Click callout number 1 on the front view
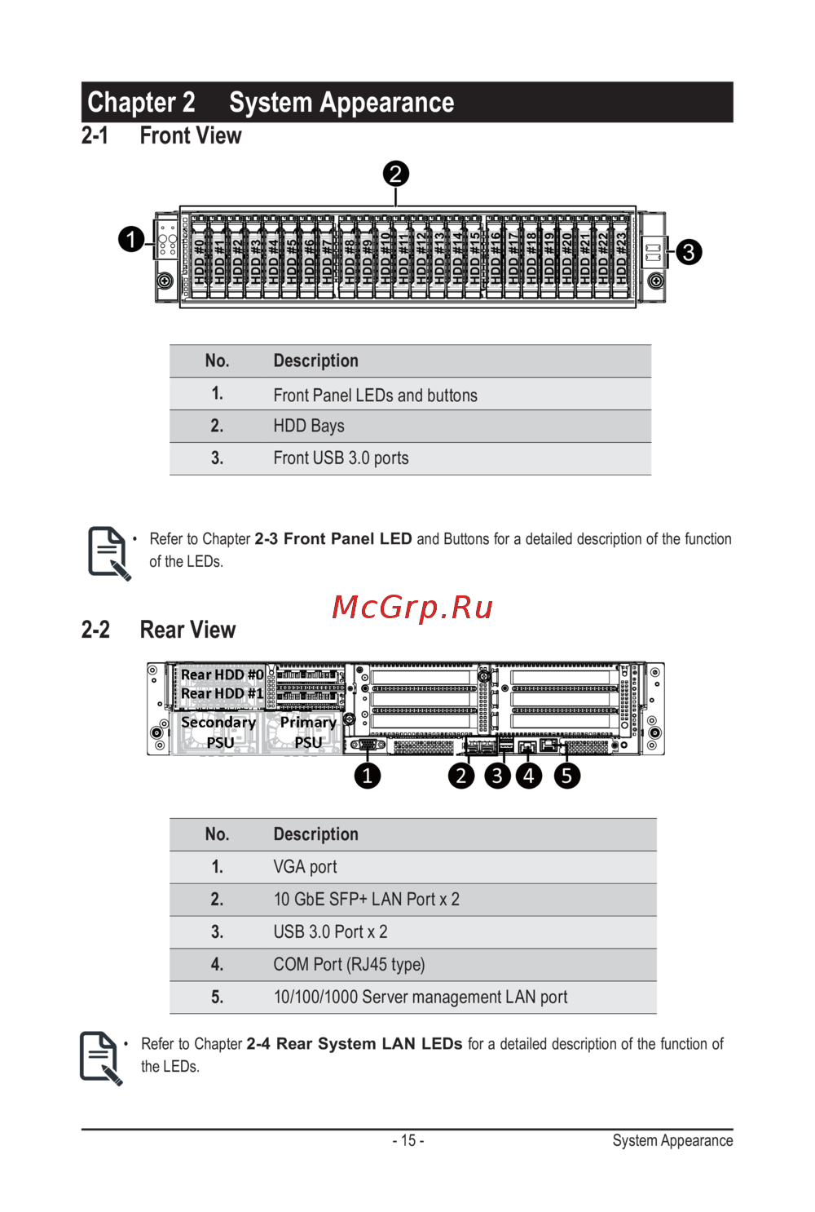[x=131, y=239]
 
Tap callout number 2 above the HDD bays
[x=395, y=174]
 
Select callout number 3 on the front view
[x=689, y=252]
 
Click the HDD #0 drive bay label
[x=200, y=260]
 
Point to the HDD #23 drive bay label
[x=622, y=259]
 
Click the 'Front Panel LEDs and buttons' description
[x=375, y=396]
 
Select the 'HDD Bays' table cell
[x=309, y=426]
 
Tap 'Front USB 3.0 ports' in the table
[x=341, y=458]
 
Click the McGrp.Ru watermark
[x=412, y=608]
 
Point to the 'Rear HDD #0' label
[x=222, y=675]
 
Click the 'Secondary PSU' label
[x=218, y=732]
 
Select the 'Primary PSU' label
[x=308, y=732]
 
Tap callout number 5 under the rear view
[x=566, y=776]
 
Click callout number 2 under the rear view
[x=461, y=776]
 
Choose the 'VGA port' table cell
[x=305, y=867]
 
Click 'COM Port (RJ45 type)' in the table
[x=349, y=965]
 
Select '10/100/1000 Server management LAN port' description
[x=420, y=997]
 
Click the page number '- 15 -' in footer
[x=407, y=1140]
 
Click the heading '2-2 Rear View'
[x=158, y=630]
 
